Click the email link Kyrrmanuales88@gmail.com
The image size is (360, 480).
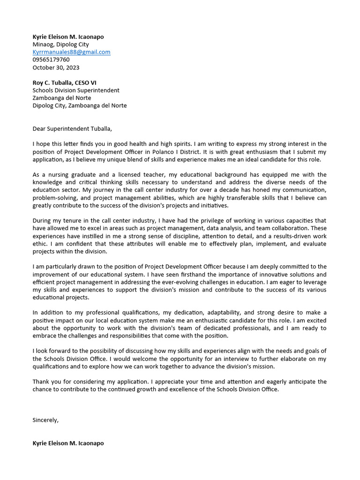(71, 52)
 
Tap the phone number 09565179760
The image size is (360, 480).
(51, 60)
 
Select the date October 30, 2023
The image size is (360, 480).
(56, 67)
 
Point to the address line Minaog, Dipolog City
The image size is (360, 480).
(60, 45)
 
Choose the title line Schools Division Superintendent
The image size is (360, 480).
(76, 90)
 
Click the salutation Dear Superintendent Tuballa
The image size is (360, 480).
(72, 128)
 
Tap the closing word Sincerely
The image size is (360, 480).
(45, 420)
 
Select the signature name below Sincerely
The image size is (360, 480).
(68, 443)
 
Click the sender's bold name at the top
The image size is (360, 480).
(68, 37)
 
